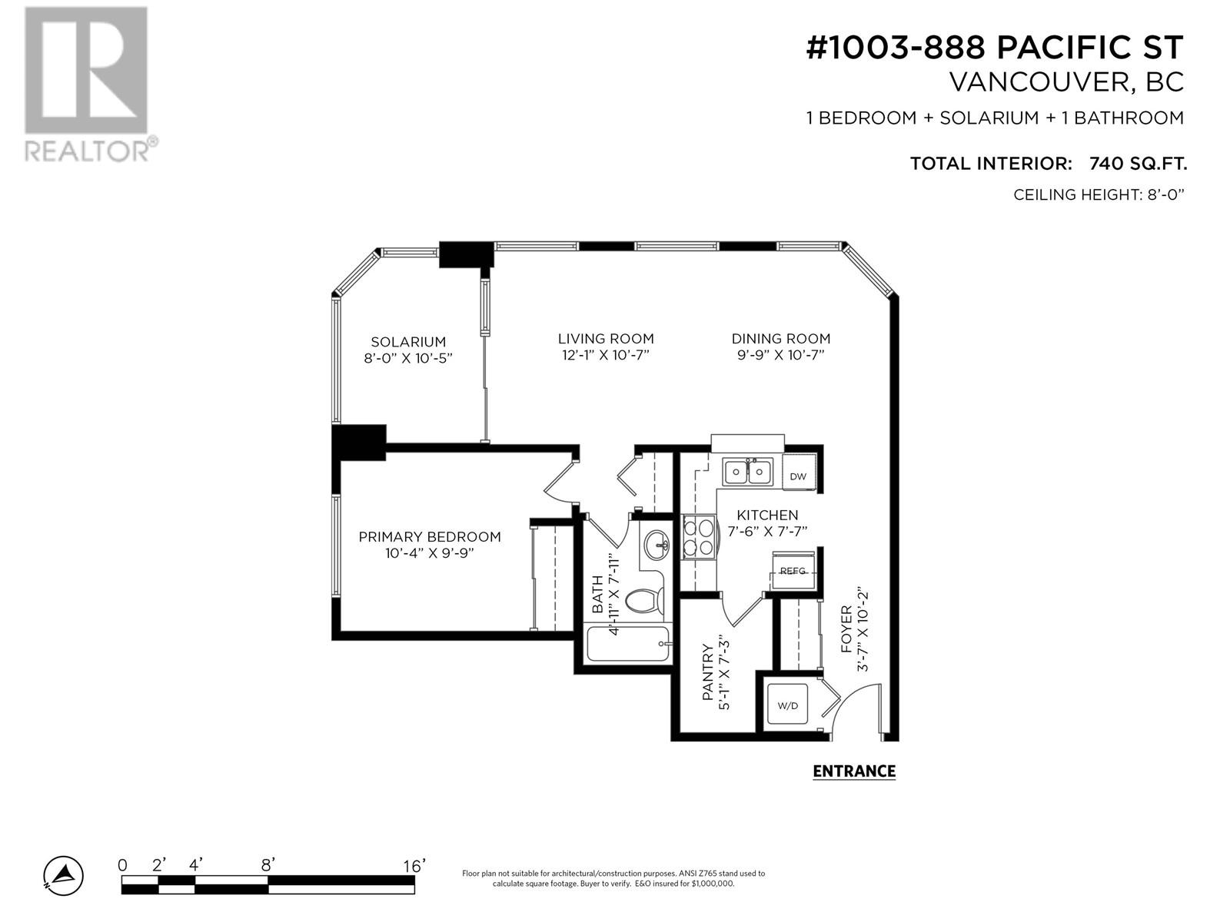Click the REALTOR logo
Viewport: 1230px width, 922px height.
(90, 84)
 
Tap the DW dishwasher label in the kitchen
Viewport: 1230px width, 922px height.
(798, 476)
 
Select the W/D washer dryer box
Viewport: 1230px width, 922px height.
(788, 705)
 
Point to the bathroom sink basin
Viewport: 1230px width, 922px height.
(657, 545)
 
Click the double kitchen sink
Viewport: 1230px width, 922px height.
(747, 472)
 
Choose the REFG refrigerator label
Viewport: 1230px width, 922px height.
(793, 571)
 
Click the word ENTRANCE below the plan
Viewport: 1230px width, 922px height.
(854, 771)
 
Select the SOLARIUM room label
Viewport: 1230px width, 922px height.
(408, 341)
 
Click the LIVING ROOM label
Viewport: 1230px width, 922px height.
(606, 339)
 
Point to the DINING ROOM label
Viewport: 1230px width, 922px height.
(780, 339)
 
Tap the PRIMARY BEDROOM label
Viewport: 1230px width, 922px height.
(430, 537)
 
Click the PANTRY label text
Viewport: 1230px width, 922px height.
(708, 672)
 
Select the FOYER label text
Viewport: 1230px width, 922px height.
(846, 629)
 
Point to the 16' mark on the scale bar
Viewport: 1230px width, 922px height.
(414, 866)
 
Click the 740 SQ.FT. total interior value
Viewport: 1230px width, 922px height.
(1138, 164)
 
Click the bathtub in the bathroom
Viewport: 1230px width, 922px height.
(628, 644)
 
